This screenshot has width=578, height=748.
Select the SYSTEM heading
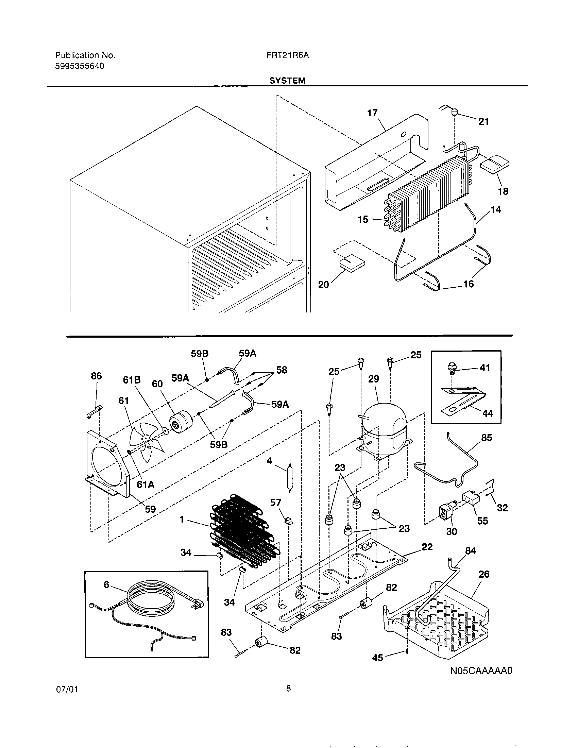click(x=287, y=81)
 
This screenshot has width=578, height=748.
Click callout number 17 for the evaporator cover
click(x=372, y=113)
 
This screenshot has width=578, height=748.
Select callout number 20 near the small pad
click(x=323, y=285)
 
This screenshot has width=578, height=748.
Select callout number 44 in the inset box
click(x=488, y=413)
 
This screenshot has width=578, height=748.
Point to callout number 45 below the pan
click(x=377, y=658)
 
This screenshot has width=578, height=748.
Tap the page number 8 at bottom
click(x=288, y=698)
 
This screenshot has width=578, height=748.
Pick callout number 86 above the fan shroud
click(x=96, y=376)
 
